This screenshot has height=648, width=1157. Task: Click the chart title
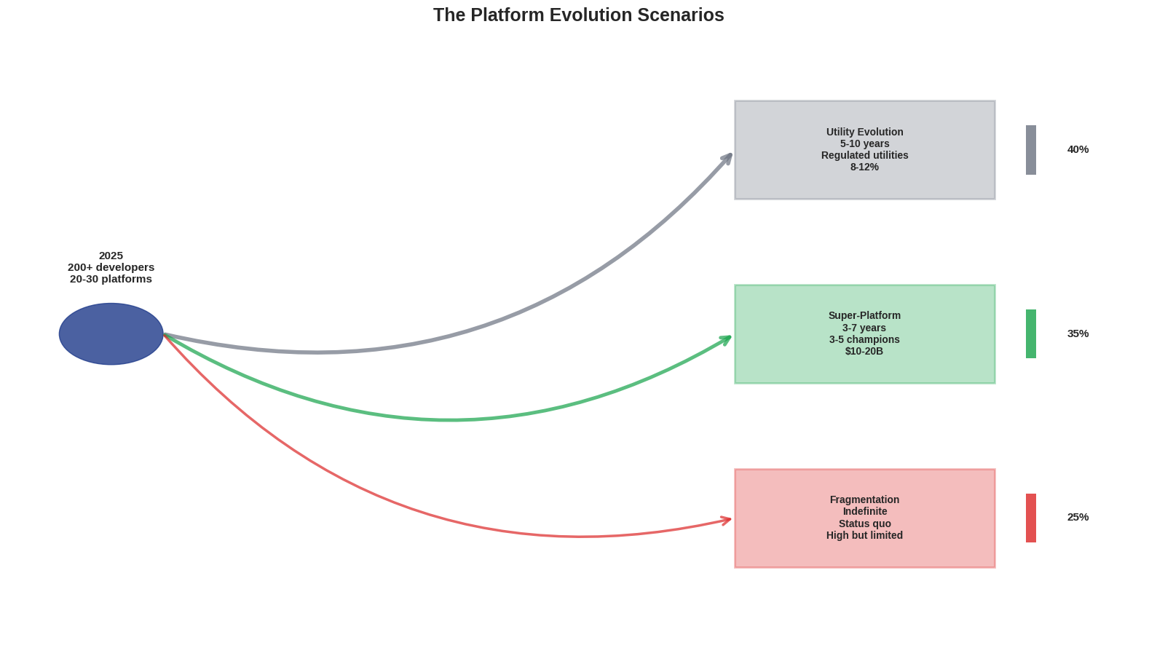(x=578, y=15)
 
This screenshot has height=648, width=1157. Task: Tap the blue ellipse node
(x=111, y=334)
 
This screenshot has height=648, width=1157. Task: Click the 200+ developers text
(x=111, y=267)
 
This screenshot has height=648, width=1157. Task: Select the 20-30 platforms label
(x=111, y=279)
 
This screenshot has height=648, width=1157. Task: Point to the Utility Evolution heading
(x=864, y=132)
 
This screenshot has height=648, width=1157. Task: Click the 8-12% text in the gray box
(x=864, y=167)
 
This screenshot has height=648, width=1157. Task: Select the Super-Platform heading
(x=864, y=315)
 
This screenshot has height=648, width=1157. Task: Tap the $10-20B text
(x=864, y=351)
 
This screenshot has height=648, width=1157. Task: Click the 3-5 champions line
(x=864, y=339)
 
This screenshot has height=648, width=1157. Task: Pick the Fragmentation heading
(x=864, y=499)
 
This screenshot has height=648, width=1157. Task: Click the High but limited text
(x=864, y=535)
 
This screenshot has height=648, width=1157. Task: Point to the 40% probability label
(x=1078, y=149)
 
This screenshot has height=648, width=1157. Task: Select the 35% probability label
(x=1078, y=333)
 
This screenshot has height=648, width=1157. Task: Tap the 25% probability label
(x=1078, y=517)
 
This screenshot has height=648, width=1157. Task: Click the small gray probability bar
(x=1031, y=150)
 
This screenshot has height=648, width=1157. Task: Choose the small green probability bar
(x=1031, y=333)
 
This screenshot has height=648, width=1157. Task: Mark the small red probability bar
(x=1031, y=518)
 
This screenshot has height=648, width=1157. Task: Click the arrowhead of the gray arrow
(x=728, y=157)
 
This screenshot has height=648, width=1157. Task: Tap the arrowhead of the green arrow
(x=727, y=338)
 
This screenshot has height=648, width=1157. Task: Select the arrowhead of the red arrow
(x=727, y=520)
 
